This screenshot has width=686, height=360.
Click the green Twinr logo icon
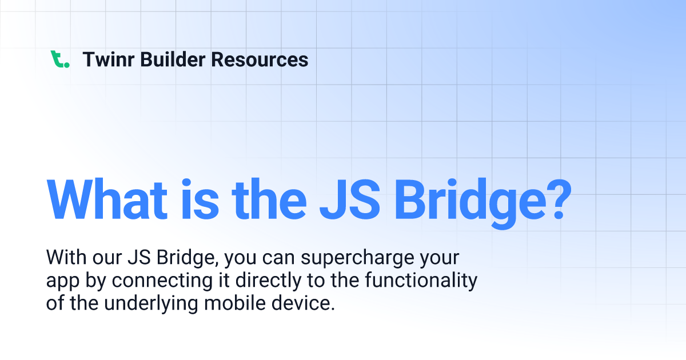pyautogui.click(x=59, y=59)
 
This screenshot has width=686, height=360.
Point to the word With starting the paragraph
pyautogui.click(x=66, y=258)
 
